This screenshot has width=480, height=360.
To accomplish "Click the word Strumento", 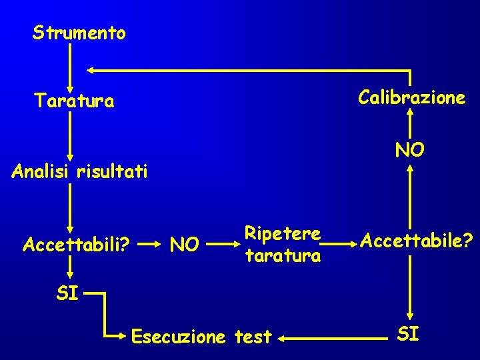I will [x=79, y=33].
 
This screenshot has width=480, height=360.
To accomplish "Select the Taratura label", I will [x=74, y=101].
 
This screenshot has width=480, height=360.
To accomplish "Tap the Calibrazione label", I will [x=411, y=98].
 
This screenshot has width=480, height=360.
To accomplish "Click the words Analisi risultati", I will [x=79, y=172].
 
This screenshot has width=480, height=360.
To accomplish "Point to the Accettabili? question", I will [x=76, y=245].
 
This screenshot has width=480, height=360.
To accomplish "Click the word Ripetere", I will [x=283, y=234].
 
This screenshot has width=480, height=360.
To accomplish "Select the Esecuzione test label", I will [x=202, y=337].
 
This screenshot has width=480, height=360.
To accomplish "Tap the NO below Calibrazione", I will [x=409, y=150].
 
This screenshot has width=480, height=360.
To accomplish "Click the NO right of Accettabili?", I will [x=185, y=245].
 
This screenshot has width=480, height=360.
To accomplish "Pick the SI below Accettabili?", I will [x=67, y=293].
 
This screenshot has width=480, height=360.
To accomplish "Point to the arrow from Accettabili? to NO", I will [x=151, y=245].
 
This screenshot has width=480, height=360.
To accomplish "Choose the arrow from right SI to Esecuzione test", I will [x=333, y=339].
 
